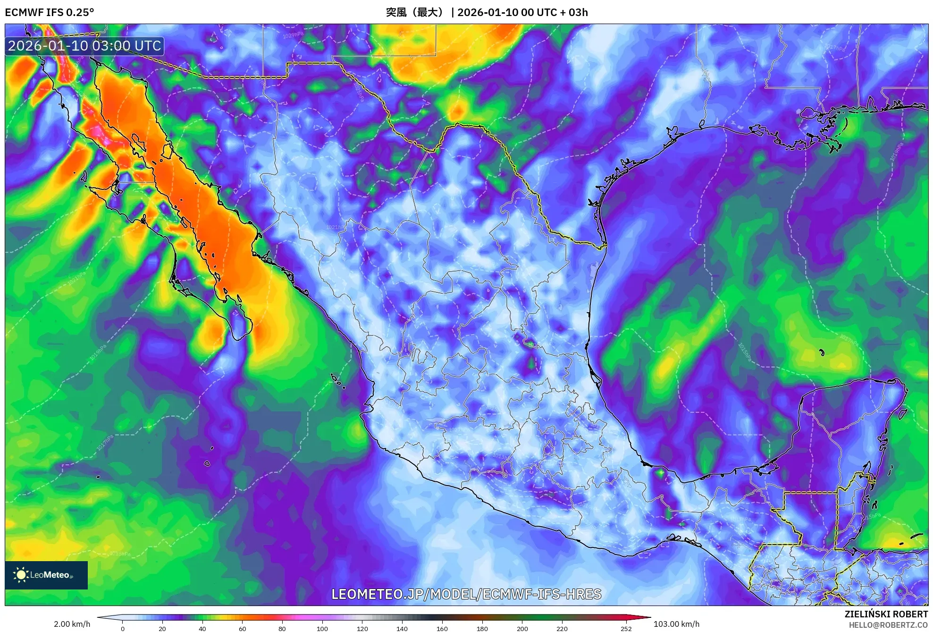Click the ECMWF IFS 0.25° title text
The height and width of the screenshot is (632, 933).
coord(50,12)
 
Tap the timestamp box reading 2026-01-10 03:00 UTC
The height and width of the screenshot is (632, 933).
coord(85,46)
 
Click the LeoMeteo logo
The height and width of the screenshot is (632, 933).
coord(46,575)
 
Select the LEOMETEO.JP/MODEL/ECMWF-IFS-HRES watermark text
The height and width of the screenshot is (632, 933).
coord(466,594)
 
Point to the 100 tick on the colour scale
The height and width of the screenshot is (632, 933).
coord(322,628)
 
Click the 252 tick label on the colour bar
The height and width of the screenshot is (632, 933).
coord(626,628)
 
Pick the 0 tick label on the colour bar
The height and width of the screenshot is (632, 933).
coord(123,628)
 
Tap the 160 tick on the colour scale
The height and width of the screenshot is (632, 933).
coord(442,628)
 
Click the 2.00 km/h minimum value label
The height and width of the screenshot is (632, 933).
coord(72,624)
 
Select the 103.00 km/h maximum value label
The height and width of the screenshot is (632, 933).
coord(676,624)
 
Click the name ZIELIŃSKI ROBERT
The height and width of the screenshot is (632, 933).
coord(886,614)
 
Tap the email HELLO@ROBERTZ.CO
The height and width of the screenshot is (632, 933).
coord(888,625)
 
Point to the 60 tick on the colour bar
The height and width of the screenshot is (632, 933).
coord(242,628)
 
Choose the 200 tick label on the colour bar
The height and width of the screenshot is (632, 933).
coord(522,628)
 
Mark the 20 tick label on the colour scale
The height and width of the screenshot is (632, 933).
coord(162,628)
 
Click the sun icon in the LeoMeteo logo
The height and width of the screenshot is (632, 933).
coord(21,575)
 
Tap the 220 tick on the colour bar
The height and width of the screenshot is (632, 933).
coord(562,628)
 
